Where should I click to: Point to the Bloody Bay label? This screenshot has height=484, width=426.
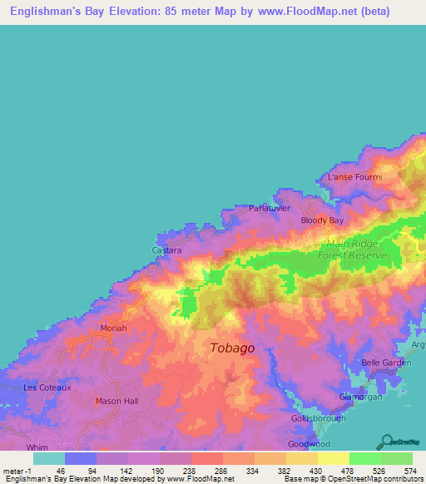coord(322,220)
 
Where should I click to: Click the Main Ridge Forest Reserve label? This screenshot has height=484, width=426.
coord(352,249)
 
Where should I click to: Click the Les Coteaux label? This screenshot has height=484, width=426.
coord(43,388)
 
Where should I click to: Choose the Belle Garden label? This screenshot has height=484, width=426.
coord(387,363)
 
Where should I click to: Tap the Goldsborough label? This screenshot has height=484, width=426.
coord(319,420)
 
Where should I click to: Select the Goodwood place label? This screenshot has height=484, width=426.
coord(308,445)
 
